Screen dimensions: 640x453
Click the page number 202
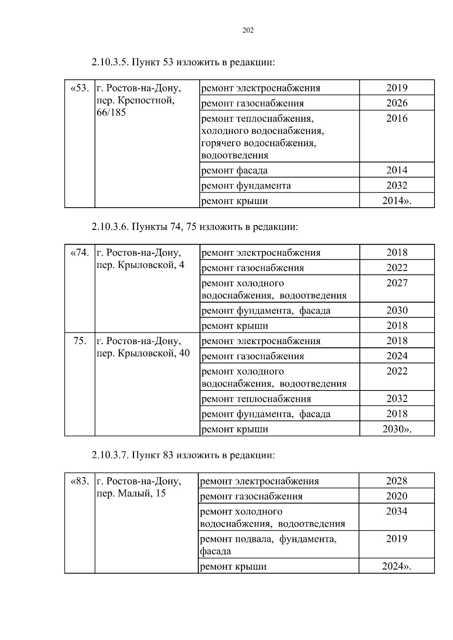coord(248,31)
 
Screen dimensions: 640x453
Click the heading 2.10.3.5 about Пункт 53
coord(183,62)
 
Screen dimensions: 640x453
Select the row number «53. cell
coord(80,88)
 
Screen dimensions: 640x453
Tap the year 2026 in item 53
coord(397,103)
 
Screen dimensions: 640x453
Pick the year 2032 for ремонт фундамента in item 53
coord(397,185)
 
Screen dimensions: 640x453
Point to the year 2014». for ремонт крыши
coord(397,201)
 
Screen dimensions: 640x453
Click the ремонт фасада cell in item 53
coord(234,170)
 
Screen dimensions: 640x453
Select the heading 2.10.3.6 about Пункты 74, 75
coord(195,227)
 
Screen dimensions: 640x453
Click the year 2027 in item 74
coord(397,283)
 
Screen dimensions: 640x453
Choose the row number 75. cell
coord(80,341)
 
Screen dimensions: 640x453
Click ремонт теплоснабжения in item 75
coord(256,399)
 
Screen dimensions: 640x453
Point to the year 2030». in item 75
coord(397,429)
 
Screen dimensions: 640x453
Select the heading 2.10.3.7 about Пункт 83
coord(183,455)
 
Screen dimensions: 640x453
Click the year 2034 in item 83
coord(397,511)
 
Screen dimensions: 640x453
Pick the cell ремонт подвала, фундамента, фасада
coord(268,545)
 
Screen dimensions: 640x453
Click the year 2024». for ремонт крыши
coord(397,567)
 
